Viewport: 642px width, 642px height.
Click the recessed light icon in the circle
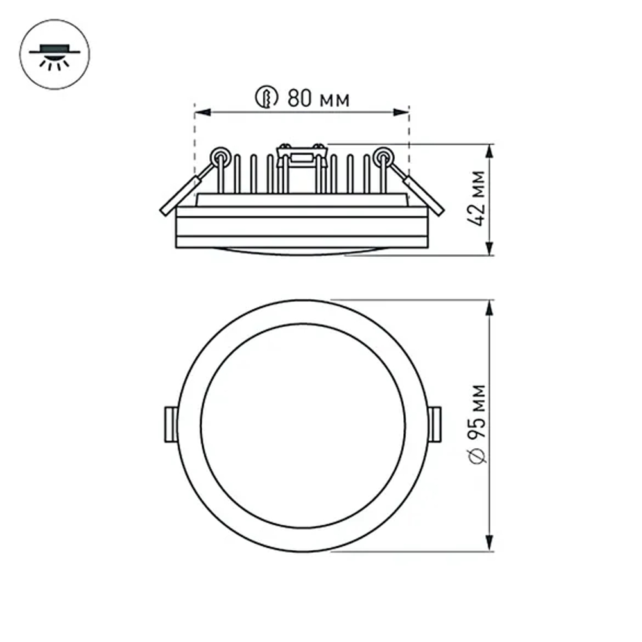(55, 55)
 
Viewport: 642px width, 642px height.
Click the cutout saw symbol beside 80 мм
(266, 98)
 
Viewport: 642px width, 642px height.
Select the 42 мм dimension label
(476, 198)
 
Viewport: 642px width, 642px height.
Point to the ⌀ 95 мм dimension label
(476, 424)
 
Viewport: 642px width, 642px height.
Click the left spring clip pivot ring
(220, 155)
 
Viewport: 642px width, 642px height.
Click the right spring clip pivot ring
(384, 155)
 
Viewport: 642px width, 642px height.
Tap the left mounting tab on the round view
(171, 424)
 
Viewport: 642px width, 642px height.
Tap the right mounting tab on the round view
(435, 424)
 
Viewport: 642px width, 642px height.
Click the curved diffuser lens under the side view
(302, 251)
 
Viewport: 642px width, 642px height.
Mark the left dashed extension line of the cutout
(194, 148)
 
